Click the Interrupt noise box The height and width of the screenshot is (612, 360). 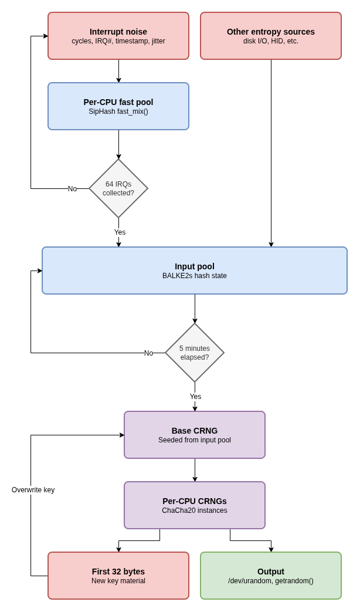(118, 36)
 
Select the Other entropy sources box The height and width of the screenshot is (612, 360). (271, 36)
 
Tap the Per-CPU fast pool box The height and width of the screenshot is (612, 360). (118, 106)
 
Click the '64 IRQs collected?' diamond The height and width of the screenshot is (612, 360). (118, 188)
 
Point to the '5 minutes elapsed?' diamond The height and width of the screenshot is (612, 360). (195, 353)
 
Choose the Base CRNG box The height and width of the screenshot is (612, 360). (195, 435)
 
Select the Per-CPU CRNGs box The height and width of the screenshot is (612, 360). (195, 505)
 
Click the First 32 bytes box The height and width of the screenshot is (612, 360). (118, 576)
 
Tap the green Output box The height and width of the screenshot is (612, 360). (271, 576)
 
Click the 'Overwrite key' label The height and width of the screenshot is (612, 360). (33, 490)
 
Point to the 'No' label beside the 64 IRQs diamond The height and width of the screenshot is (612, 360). (73, 189)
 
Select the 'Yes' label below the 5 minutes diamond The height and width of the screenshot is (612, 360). (195, 397)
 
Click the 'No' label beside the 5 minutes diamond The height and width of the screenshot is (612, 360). (148, 353)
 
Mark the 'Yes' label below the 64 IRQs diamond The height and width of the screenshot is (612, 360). (120, 232)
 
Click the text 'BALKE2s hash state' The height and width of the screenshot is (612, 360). (195, 276)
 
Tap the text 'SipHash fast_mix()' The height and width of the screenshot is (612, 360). (118, 111)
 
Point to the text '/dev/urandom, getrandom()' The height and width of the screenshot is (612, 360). (271, 581)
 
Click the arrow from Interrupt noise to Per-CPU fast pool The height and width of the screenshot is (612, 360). (119, 71)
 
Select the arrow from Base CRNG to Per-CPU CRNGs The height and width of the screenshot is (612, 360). (195, 470)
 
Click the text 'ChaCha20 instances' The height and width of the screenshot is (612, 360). (195, 510)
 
